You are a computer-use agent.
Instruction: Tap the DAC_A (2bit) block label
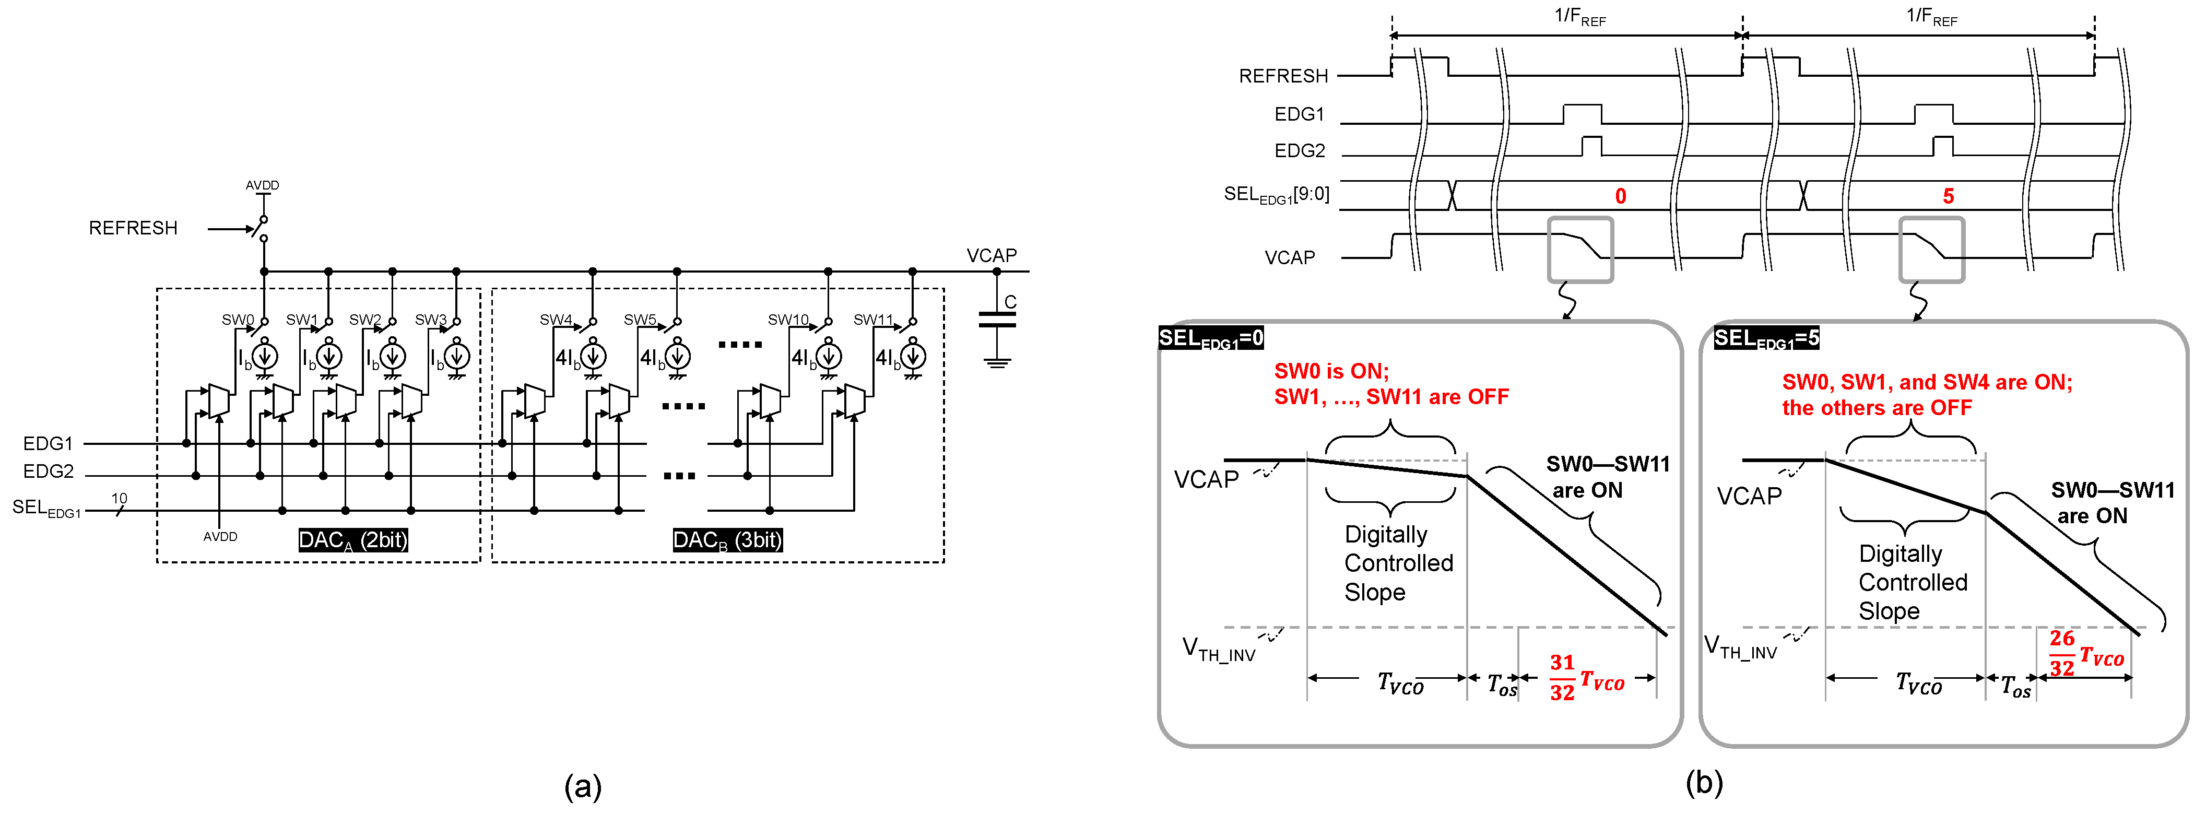(353, 540)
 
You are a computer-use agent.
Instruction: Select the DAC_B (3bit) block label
(727, 540)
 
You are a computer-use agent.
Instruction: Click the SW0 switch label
(237, 320)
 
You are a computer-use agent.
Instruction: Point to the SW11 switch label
(872, 320)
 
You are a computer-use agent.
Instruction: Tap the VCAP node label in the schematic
(991, 255)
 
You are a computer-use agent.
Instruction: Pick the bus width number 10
(119, 498)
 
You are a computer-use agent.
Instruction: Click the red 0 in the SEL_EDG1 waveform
(1620, 196)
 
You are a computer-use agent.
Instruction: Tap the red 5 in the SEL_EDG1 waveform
(1948, 196)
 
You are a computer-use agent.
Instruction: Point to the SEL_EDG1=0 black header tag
(1211, 338)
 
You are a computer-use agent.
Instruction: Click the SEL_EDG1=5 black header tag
(1766, 338)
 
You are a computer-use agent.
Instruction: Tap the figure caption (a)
(582, 785)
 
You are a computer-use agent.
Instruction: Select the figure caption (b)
(1703, 782)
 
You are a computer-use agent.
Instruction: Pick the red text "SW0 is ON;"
(1331, 371)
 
